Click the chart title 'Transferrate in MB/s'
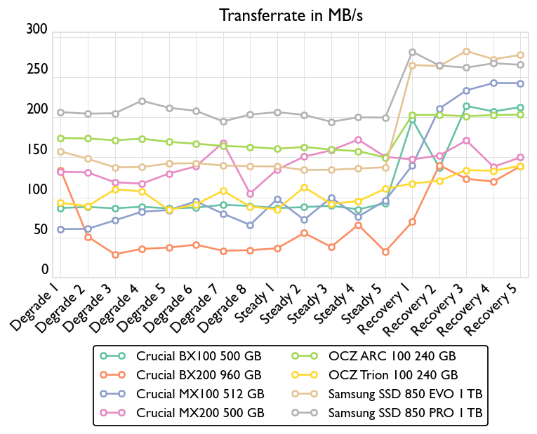pyautogui.click(x=291, y=15)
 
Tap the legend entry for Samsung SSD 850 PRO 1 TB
pyautogui.click(x=405, y=413)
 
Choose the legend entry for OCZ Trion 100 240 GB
pyautogui.click(x=392, y=375)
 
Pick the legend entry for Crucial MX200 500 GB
pyautogui.click(x=201, y=413)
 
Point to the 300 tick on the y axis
pyautogui.click(x=37, y=29)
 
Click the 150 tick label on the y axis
pyautogui.click(x=37, y=150)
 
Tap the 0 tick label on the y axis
pyautogui.click(x=45, y=271)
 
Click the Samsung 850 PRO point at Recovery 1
pyautogui.click(x=412, y=52)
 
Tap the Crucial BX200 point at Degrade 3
pyautogui.click(x=115, y=255)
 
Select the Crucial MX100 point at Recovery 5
pyautogui.click(x=520, y=83)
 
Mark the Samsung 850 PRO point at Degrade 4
pyautogui.click(x=142, y=101)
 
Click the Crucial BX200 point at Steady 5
pyautogui.click(x=385, y=252)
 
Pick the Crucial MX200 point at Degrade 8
pyautogui.click(x=250, y=194)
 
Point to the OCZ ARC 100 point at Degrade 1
pyautogui.click(x=61, y=138)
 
